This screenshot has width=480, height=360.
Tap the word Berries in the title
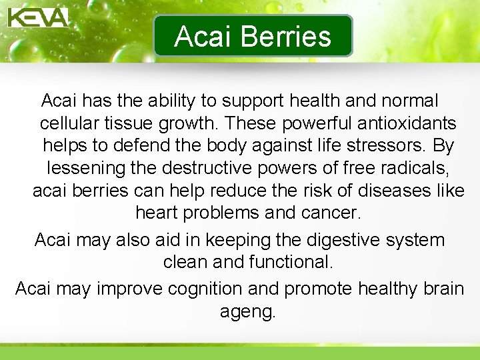(291, 37)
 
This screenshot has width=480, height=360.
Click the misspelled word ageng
(247, 312)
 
